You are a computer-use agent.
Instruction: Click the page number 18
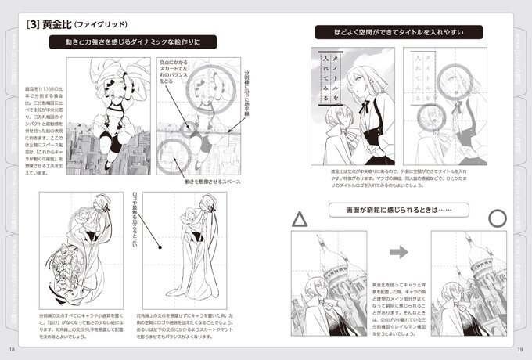tap(13, 349)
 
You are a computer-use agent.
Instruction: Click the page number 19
tap(519, 349)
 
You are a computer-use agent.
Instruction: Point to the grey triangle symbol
tap(299, 220)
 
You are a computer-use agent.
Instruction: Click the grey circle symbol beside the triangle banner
tap(498, 218)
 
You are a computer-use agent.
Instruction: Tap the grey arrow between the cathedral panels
tap(399, 252)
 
